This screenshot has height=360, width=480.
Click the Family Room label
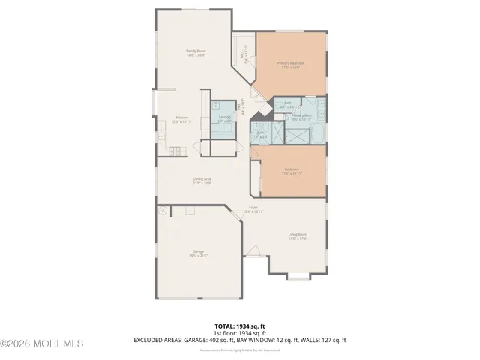[196, 52]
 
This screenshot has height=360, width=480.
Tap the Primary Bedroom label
[291, 64]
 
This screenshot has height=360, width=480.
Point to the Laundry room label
[223, 117]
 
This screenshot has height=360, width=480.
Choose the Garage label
[198, 253]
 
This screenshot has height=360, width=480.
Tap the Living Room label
[298, 236]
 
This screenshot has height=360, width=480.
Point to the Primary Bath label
[301, 116]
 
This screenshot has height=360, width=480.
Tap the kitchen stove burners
[162, 125]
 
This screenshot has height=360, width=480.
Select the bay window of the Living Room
[298, 276]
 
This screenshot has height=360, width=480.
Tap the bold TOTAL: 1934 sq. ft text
[240, 325]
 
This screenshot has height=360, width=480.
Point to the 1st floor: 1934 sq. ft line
[240, 332]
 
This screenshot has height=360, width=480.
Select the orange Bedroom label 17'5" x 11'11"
[292, 171]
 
